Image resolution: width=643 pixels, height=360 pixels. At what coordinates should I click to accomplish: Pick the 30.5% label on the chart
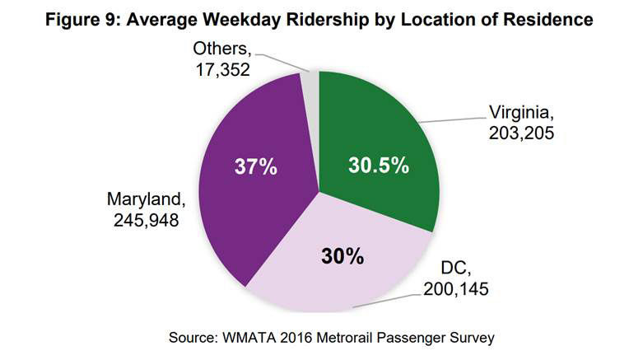pyautogui.click(x=375, y=166)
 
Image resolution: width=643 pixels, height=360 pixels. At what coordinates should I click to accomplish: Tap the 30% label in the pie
pyautogui.click(x=342, y=256)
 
